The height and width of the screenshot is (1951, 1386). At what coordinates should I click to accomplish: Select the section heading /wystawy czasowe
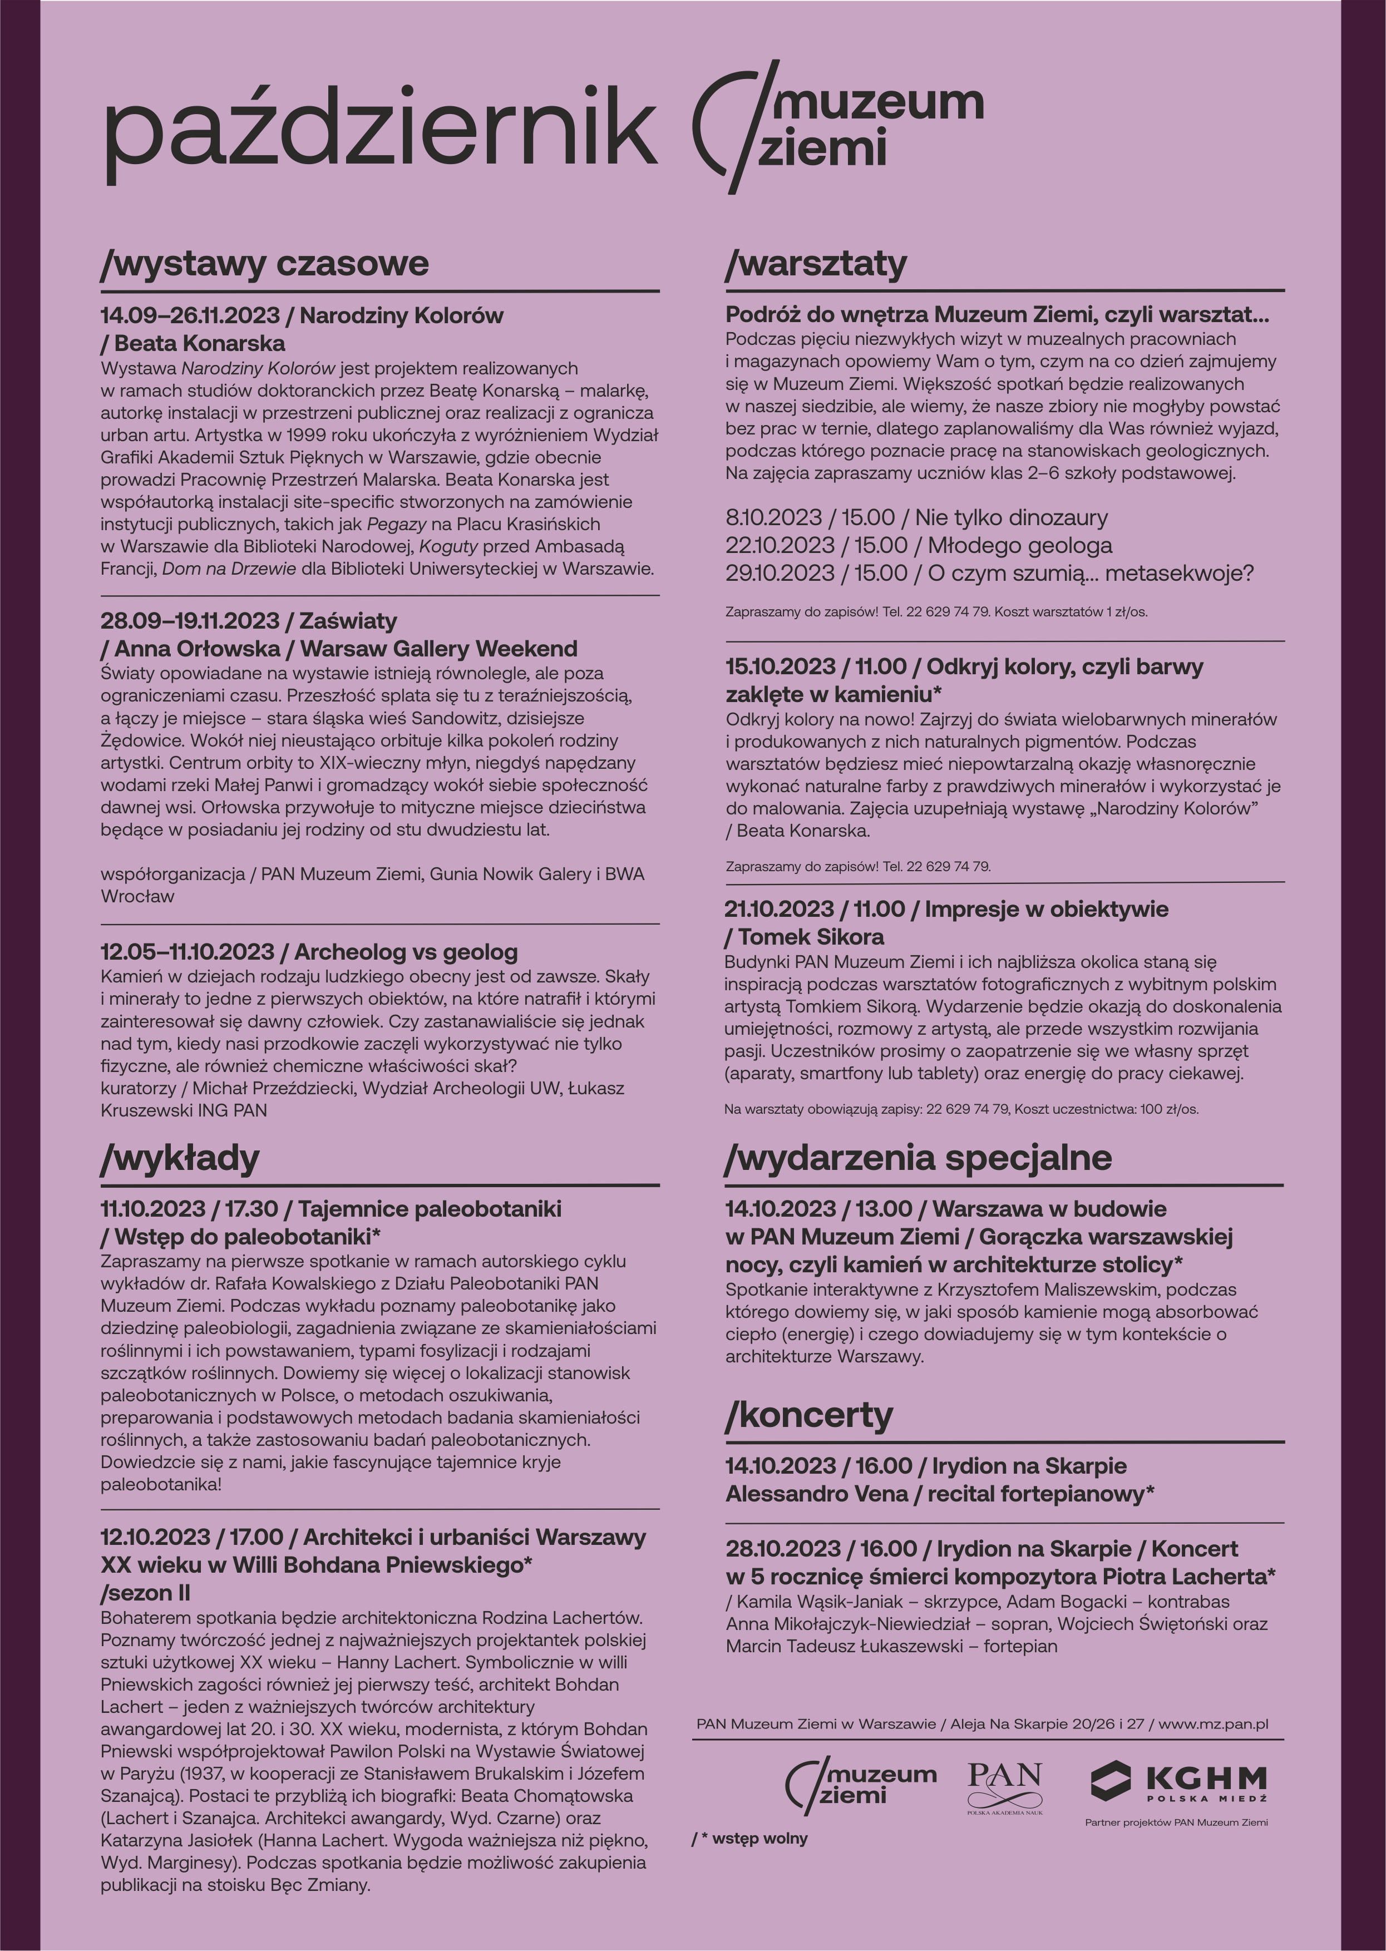click(x=264, y=264)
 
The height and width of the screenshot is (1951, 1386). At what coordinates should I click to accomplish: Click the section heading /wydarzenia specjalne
click(x=918, y=1158)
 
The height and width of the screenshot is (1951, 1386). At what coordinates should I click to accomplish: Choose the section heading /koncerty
click(x=809, y=1415)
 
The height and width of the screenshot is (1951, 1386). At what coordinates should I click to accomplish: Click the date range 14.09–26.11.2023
click(x=190, y=315)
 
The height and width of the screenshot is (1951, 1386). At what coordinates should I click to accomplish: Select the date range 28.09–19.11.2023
click(x=190, y=621)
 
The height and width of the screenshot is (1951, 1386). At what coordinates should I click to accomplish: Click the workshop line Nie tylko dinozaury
click(x=1012, y=518)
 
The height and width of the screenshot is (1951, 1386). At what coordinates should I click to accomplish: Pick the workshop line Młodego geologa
click(x=1020, y=545)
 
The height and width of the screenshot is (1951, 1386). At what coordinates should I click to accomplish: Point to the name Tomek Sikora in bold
click(x=810, y=937)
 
